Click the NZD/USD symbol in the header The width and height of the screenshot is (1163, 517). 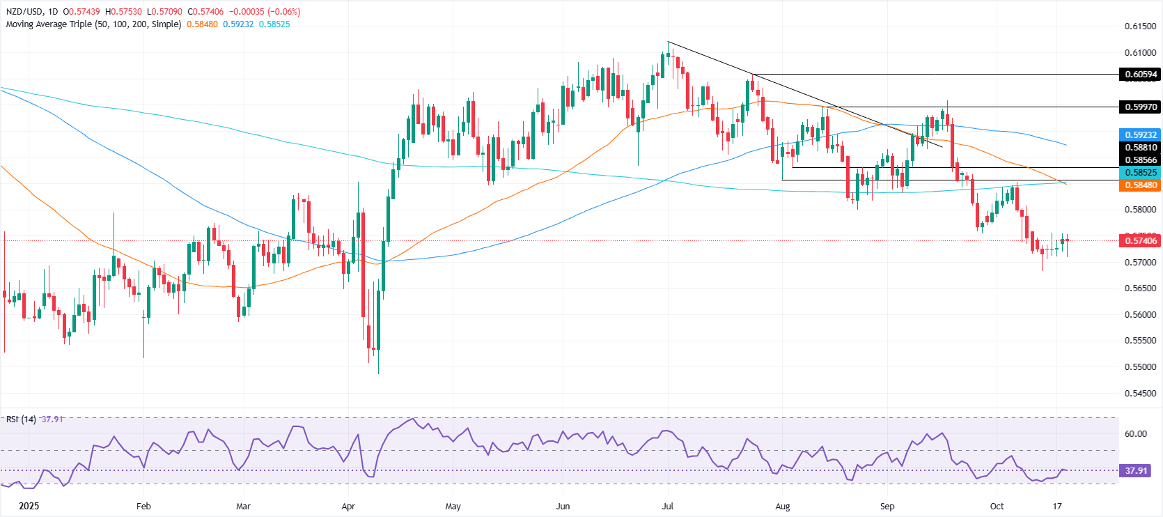[x=24, y=12]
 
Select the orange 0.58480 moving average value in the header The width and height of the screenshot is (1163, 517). [x=202, y=24]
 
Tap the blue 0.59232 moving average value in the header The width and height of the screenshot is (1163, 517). [x=238, y=24]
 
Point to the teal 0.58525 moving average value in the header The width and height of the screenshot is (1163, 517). [x=274, y=24]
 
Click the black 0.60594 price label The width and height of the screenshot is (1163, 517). [x=1140, y=75]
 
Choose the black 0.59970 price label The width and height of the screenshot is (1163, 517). [x=1140, y=107]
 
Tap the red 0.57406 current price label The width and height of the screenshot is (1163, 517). [x=1140, y=240]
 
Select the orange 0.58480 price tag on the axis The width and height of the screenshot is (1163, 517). [x=1140, y=185]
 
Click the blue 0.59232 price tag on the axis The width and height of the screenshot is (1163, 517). [x=1140, y=134]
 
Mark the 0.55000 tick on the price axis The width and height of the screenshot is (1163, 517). [x=1140, y=366]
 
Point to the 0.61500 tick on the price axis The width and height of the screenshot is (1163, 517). [x=1140, y=26]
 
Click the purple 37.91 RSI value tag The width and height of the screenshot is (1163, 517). [x=1136, y=471]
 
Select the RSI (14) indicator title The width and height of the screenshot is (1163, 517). [x=21, y=419]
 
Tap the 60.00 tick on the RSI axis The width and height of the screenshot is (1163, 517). [x=1135, y=433]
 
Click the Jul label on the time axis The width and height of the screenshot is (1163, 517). [x=668, y=507]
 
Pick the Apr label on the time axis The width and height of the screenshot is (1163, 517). [x=348, y=507]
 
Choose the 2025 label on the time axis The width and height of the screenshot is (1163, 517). [x=29, y=507]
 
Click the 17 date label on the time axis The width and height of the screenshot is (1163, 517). [x=1057, y=507]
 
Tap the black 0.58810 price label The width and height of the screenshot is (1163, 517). [x=1140, y=148]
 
